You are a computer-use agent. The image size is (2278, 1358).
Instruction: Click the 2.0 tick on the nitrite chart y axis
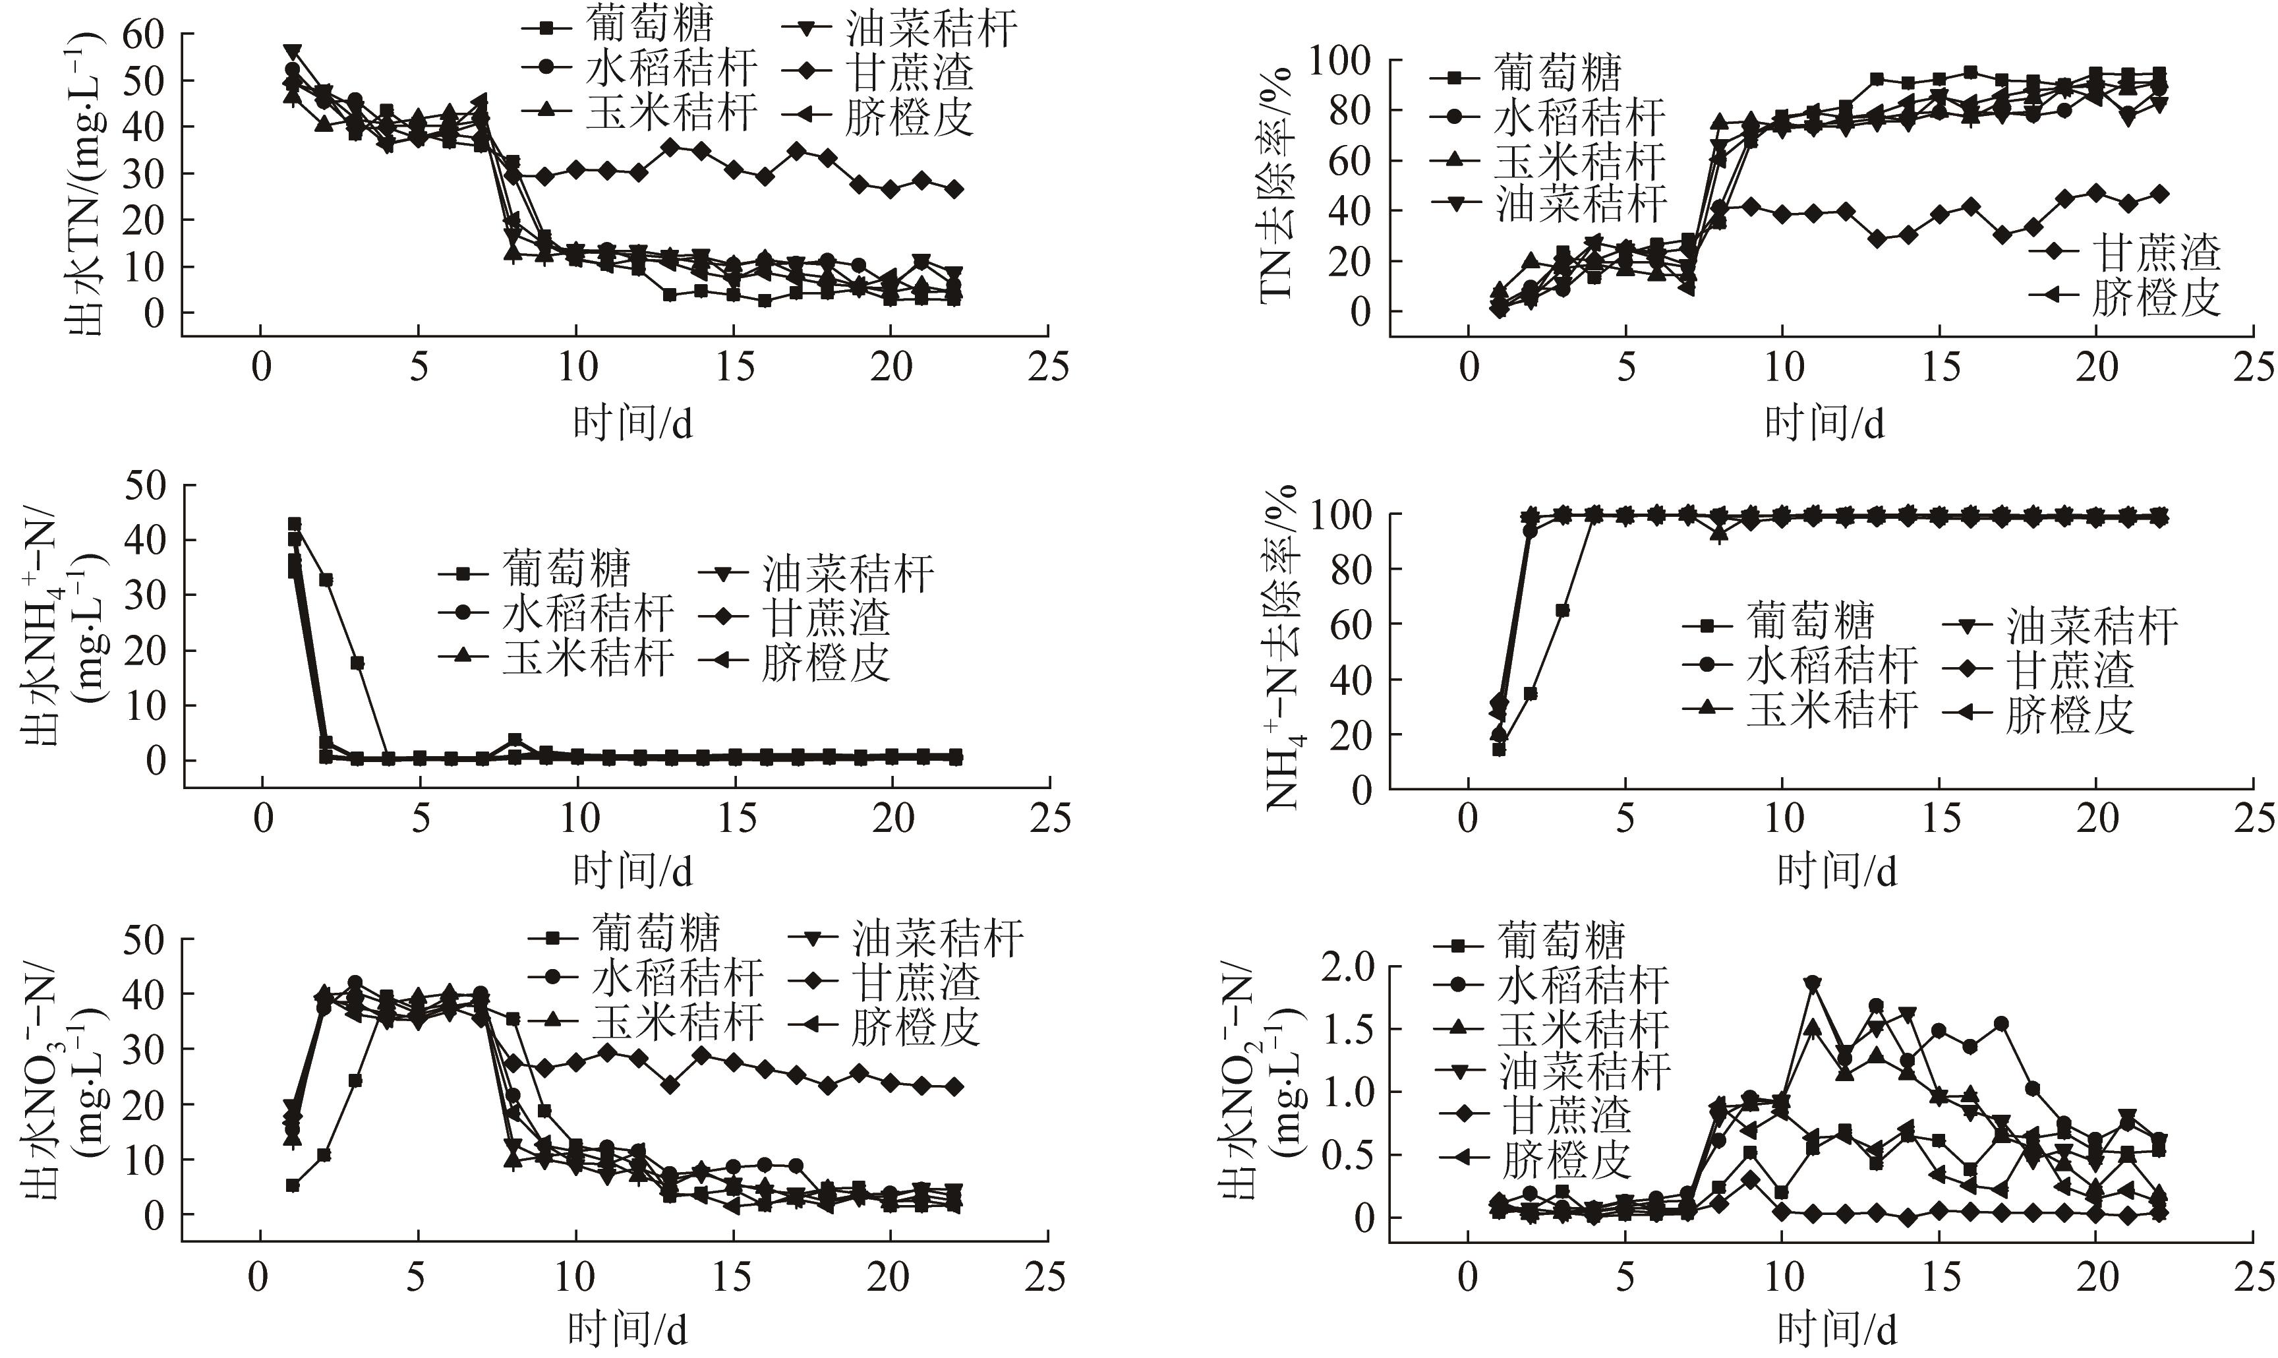tap(1349, 967)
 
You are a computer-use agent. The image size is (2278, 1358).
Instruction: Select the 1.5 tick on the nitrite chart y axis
tap(1349, 1030)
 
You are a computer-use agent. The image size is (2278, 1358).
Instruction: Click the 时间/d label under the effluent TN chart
tap(632, 423)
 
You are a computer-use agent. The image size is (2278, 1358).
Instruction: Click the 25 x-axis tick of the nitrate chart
tap(1045, 1278)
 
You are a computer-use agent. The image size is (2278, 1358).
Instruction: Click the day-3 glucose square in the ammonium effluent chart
tap(357, 663)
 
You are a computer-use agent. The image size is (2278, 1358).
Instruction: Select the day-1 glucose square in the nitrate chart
tap(293, 1185)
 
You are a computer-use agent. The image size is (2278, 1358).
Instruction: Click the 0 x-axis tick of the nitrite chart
tap(1467, 1278)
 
